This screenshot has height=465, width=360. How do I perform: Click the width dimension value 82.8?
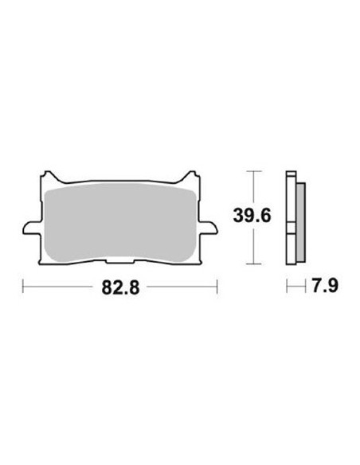click(x=121, y=287)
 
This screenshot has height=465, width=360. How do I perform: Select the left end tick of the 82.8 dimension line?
click(x=24, y=286)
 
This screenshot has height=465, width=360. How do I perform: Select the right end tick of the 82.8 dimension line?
click(x=217, y=286)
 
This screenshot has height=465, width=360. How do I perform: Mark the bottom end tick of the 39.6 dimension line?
click(x=253, y=264)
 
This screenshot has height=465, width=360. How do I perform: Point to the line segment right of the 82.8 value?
click(x=182, y=286)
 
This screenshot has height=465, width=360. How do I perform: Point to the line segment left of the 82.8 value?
click(x=60, y=286)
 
